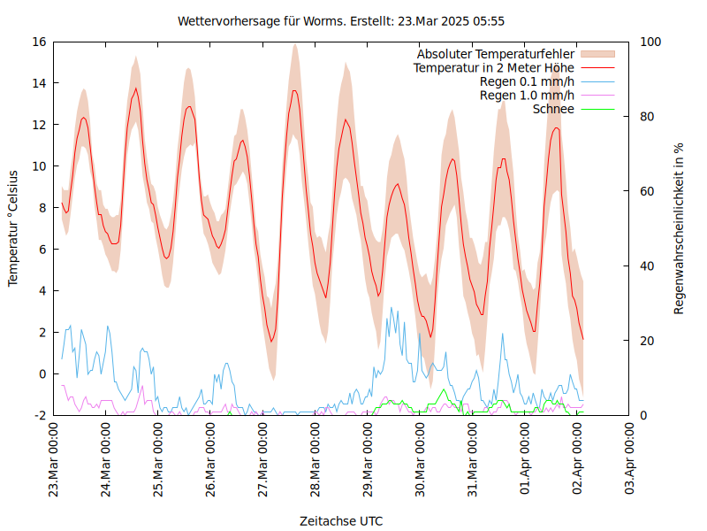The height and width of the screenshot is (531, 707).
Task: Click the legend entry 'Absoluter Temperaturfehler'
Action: point(496,54)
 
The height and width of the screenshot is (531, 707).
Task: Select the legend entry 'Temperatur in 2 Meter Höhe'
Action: point(494,67)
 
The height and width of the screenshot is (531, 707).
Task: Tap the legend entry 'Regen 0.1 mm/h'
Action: point(527,81)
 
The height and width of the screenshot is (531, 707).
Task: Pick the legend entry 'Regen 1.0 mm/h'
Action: point(527,95)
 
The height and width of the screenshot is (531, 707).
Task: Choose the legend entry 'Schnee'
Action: point(554,109)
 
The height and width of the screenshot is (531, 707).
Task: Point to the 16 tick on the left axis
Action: point(38,42)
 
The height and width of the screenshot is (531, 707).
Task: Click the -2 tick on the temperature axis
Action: point(40,415)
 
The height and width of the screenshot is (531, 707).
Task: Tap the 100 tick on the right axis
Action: point(650,42)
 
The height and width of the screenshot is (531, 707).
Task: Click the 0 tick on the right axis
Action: point(643,415)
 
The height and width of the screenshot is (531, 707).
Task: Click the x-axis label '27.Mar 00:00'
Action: point(263,461)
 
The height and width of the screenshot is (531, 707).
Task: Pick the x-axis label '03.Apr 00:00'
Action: point(630,461)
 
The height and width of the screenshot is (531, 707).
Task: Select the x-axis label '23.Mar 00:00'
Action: point(54,461)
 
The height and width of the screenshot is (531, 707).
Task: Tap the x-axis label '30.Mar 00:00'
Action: point(421,461)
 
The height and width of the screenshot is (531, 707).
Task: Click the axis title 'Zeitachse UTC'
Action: point(341,520)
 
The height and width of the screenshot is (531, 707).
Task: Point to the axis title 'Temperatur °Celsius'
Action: point(13,228)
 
